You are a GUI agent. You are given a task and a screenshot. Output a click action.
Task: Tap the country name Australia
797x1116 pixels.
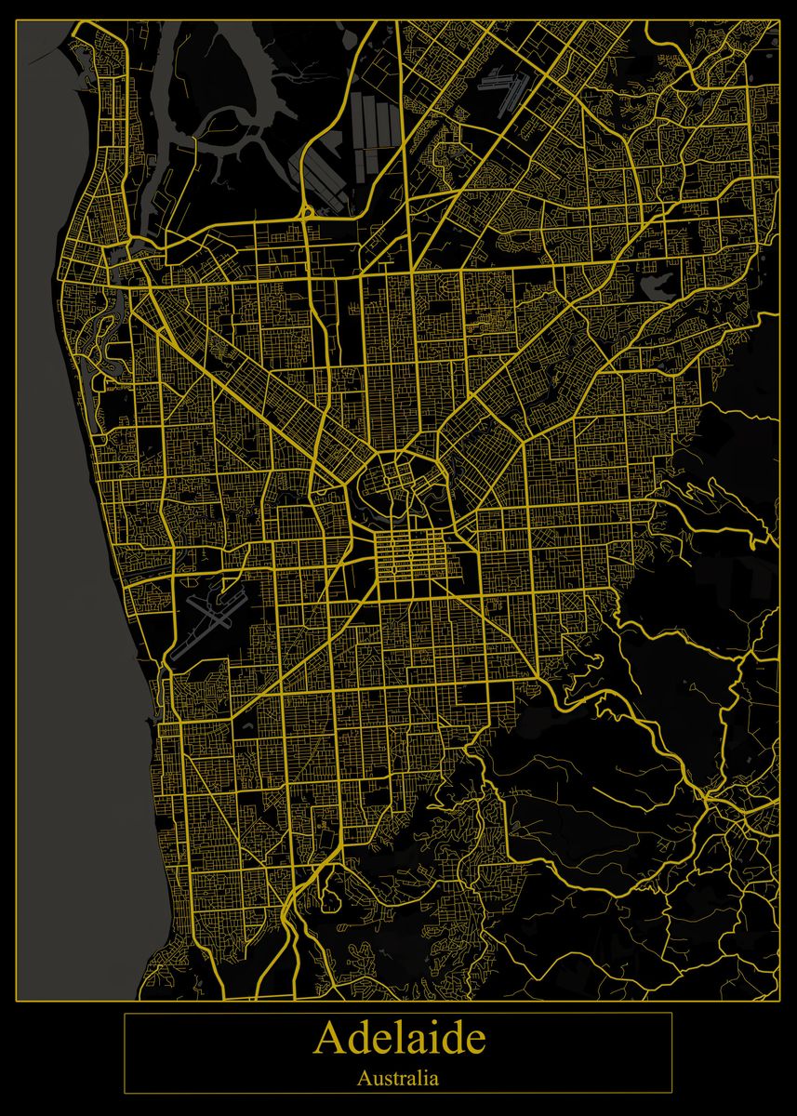tap(398, 1079)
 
